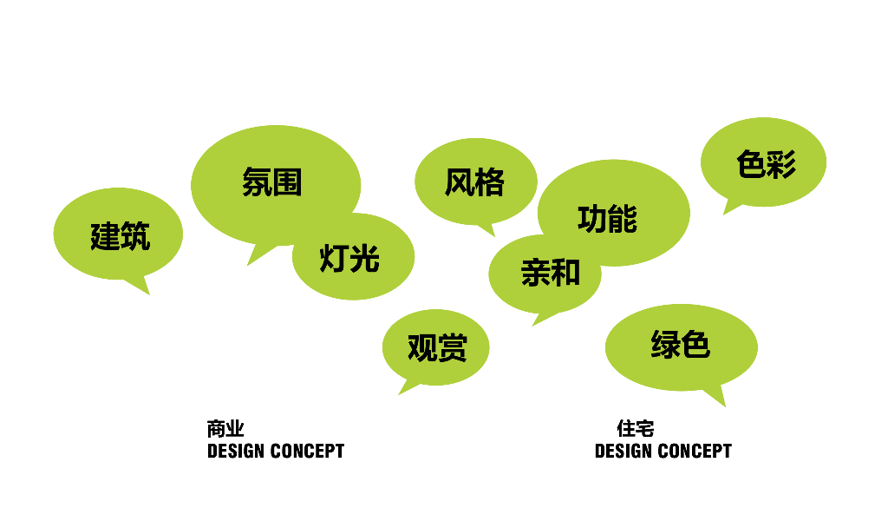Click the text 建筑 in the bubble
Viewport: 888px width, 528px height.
120,236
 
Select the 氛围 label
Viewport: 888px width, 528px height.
271,182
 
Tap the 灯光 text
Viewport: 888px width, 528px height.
349,258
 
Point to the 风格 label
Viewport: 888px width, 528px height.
474,182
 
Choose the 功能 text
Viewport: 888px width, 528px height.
608,219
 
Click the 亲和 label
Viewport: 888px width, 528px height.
551,272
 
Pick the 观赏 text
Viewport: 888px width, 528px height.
437,347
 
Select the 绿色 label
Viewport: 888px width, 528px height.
680,344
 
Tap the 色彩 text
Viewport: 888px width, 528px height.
767,164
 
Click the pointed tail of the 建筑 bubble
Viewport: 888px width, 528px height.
148,294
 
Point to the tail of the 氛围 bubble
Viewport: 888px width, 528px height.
248,264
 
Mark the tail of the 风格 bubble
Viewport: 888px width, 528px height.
493,235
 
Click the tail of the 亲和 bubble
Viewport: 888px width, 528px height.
533,325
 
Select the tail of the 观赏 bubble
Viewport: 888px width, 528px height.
399,393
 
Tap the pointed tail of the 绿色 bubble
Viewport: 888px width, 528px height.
724,406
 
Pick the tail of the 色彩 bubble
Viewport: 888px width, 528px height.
724,214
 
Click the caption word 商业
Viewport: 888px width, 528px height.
225,429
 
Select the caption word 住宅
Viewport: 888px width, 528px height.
636,429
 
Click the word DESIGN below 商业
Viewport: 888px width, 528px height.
236,452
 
